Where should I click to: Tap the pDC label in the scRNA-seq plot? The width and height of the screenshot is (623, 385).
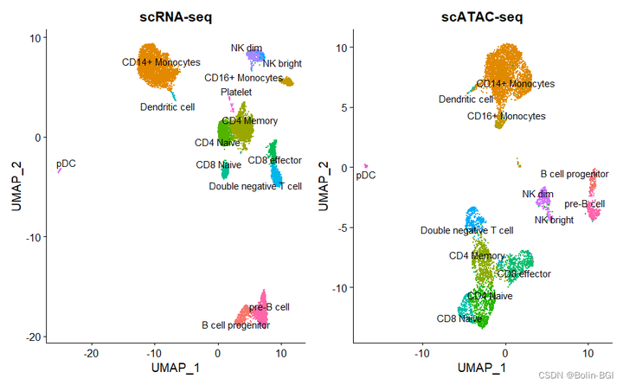66,163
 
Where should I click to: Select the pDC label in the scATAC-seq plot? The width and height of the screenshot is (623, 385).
366,176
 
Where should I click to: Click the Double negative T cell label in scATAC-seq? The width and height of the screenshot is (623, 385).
466,231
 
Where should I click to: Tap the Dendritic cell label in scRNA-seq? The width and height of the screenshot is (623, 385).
168,106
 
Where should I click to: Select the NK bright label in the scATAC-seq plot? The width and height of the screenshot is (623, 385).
554,221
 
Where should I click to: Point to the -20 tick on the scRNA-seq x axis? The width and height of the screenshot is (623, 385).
92,353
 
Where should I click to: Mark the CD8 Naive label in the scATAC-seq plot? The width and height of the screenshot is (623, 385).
459,319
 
